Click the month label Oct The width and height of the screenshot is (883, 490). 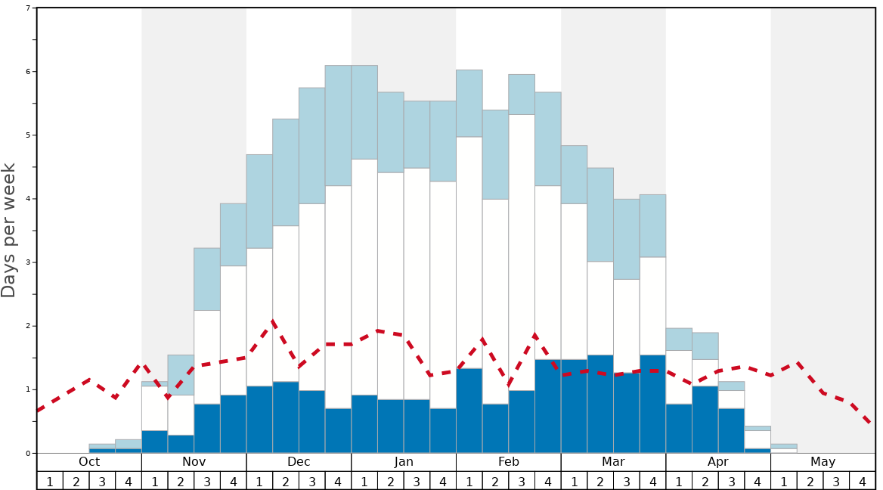click(x=89, y=461)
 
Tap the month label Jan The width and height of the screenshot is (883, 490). click(x=404, y=461)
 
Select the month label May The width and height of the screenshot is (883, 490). click(x=823, y=461)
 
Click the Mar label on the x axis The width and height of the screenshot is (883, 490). click(x=613, y=461)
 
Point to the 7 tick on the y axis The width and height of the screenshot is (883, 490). click(x=28, y=8)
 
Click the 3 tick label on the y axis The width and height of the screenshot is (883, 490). click(x=28, y=262)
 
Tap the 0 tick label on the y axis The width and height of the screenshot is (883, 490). click(x=28, y=453)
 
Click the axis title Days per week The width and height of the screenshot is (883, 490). click(x=9, y=230)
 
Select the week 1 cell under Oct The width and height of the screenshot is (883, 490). click(x=50, y=481)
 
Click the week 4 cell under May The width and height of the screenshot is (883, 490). click(x=863, y=481)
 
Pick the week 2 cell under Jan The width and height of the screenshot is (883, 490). click(x=391, y=481)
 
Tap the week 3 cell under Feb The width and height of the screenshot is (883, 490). click(x=522, y=481)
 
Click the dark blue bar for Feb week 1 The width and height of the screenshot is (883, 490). click(x=469, y=411)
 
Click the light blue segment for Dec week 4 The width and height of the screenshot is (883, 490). click(x=338, y=126)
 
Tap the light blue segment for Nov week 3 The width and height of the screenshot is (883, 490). click(x=207, y=279)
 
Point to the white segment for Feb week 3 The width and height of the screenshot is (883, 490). click(x=522, y=253)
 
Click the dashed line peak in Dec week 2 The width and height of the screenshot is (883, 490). click(x=273, y=321)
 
